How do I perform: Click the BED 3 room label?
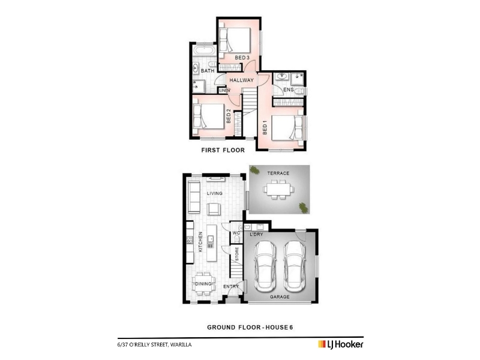[x=242, y=58]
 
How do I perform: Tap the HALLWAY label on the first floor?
[x=242, y=80]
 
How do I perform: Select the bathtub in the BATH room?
[x=204, y=51]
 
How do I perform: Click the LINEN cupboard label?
[x=224, y=91]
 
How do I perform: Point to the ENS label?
[x=289, y=89]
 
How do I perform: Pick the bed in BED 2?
[x=208, y=116]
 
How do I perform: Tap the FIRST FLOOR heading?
[x=223, y=151]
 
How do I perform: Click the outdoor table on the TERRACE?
[x=278, y=190]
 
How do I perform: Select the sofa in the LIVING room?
[x=194, y=197]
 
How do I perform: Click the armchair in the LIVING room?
[x=214, y=209]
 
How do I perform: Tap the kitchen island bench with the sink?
[x=212, y=243]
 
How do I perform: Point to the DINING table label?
[x=203, y=284]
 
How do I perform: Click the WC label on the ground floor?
[x=236, y=233]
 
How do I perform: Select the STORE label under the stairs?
[x=236, y=254]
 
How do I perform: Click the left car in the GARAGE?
[x=265, y=266]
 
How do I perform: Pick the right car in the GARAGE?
[x=295, y=266]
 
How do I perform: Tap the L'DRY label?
[x=256, y=235]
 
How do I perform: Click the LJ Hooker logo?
[x=341, y=344]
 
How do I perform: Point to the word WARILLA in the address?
[x=181, y=344]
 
